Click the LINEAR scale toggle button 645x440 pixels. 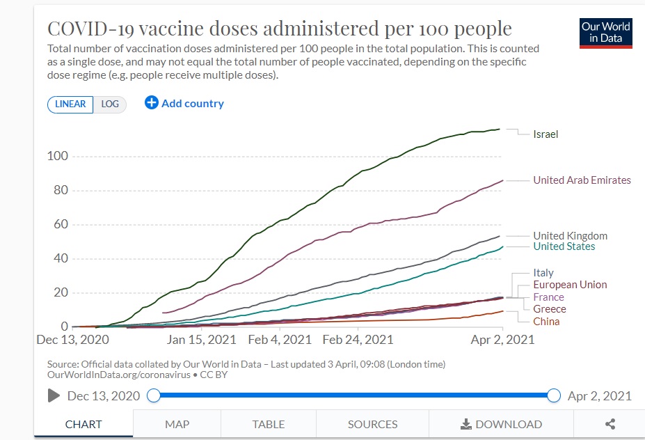70,104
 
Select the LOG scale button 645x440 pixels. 110,104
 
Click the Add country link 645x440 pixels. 184,103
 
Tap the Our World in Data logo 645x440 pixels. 605,33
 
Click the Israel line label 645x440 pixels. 546,134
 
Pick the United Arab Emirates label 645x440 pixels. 582,180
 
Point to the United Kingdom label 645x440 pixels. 570,236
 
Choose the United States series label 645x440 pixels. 564,246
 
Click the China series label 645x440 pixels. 546,322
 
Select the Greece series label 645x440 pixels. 549,309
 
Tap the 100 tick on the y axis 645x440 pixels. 58,156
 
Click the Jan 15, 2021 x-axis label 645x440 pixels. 202,340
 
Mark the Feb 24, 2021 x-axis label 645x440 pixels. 358,340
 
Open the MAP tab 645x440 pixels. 177,424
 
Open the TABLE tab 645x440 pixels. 268,424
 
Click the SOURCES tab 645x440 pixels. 372,424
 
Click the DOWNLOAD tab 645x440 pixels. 501,424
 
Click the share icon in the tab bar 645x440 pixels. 610,424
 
